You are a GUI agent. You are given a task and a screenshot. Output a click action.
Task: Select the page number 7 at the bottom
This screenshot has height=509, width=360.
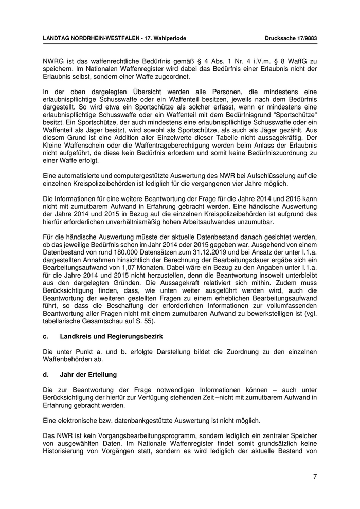coord(315,476)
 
